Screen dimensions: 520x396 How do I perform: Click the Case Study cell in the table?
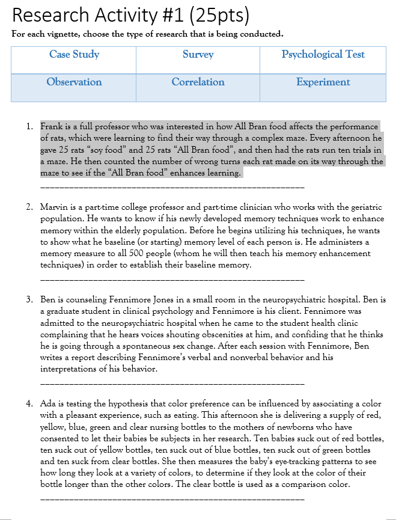pyautogui.click(x=74, y=55)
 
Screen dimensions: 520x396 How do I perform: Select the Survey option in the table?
pyautogui.click(x=198, y=55)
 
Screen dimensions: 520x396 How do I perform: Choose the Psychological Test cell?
pyautogui.click(x=323, y=55)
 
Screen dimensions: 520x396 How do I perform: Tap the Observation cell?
pyautogui.click(x=74, y=82)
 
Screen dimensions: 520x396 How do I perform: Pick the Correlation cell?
pyautogui.click(x=198, y=82)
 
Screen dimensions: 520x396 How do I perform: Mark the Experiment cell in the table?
pyautogui.click(x=323, y=82)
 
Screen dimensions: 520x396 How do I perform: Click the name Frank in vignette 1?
pyautogui.click(x=51, y=127)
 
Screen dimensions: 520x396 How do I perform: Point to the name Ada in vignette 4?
pyautogui.click(x=47, y=404)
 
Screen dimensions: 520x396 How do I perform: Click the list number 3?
pyautogui.click(x=29, y=299)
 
